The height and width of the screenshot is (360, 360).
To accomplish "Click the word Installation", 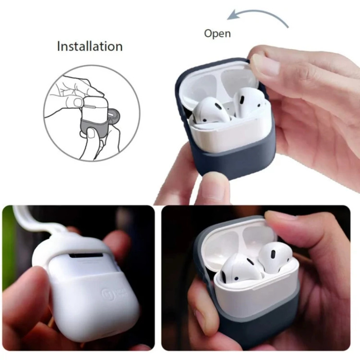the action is pos(90,47).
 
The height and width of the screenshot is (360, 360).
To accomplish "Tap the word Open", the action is pos(217,34).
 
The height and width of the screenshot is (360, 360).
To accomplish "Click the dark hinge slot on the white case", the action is pos(86,255).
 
